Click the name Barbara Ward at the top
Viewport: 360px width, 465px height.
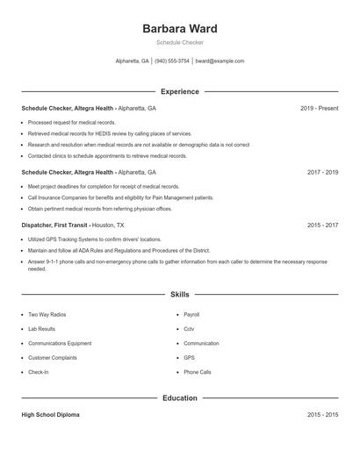(x=179, y=29)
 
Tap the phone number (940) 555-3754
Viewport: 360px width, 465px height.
(x=171, y=61)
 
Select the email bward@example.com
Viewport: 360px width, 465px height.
(x=220, y=61)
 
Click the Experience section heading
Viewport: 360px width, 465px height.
(x=179, y=91)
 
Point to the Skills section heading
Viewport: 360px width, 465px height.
(x=179, y=296)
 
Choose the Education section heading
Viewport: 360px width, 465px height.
(x=179, y=397)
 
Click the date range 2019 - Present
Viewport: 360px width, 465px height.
(x=319, y=108)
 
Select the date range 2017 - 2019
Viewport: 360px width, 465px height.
(x=322, y=172)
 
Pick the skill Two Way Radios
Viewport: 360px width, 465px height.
(x=47, y=314)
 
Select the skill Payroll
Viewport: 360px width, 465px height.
(x=192, y=314)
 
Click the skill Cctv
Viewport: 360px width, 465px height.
(x=189, y=329)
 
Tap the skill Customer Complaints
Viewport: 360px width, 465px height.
(x=53, y=358)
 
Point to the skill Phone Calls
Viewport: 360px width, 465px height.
(x=198, y=372)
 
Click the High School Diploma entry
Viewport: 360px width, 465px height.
(x=50, y=414)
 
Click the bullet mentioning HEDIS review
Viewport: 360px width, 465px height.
(x=109, y=133)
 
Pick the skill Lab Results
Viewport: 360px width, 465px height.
(x=43, y=329)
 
